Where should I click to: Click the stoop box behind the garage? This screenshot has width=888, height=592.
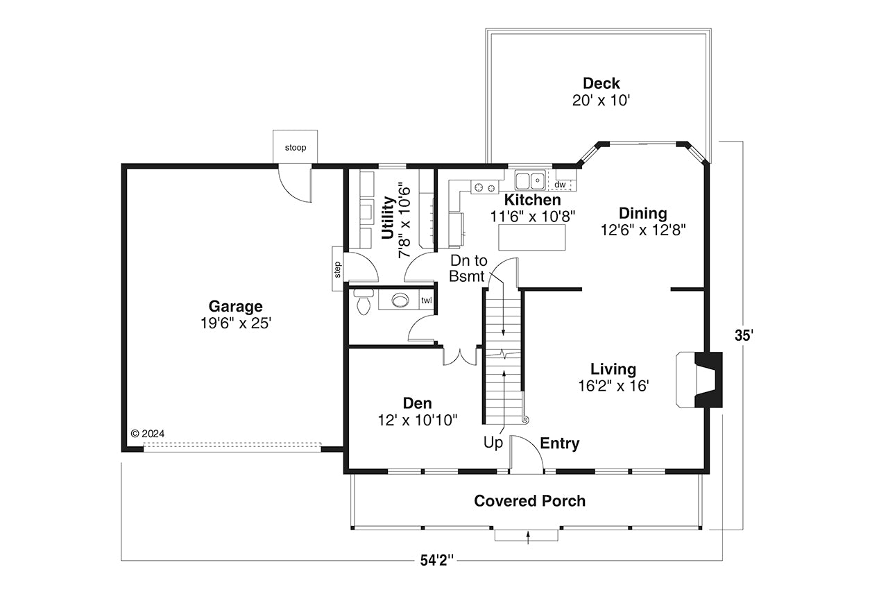(295, 147)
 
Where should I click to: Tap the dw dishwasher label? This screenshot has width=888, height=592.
(561, 185)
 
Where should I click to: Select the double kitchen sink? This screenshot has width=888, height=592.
(530, 181)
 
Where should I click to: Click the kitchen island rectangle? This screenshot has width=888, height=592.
(532, 237)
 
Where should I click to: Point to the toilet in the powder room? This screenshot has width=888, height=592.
(362, 303)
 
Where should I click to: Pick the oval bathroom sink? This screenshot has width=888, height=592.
(401, 301)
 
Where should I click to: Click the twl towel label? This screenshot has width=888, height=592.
(426, 301)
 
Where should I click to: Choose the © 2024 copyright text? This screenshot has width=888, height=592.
(148, 433)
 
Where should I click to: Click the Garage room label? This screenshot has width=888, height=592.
(236, 306)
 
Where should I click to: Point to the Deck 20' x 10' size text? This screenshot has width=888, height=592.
(601, 100)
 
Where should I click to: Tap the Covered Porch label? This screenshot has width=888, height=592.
(529, 500)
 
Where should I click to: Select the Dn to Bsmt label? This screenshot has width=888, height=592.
(469, 269)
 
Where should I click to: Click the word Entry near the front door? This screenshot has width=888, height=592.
(559, 443)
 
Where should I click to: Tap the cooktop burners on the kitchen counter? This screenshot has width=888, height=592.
(485, 187)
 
